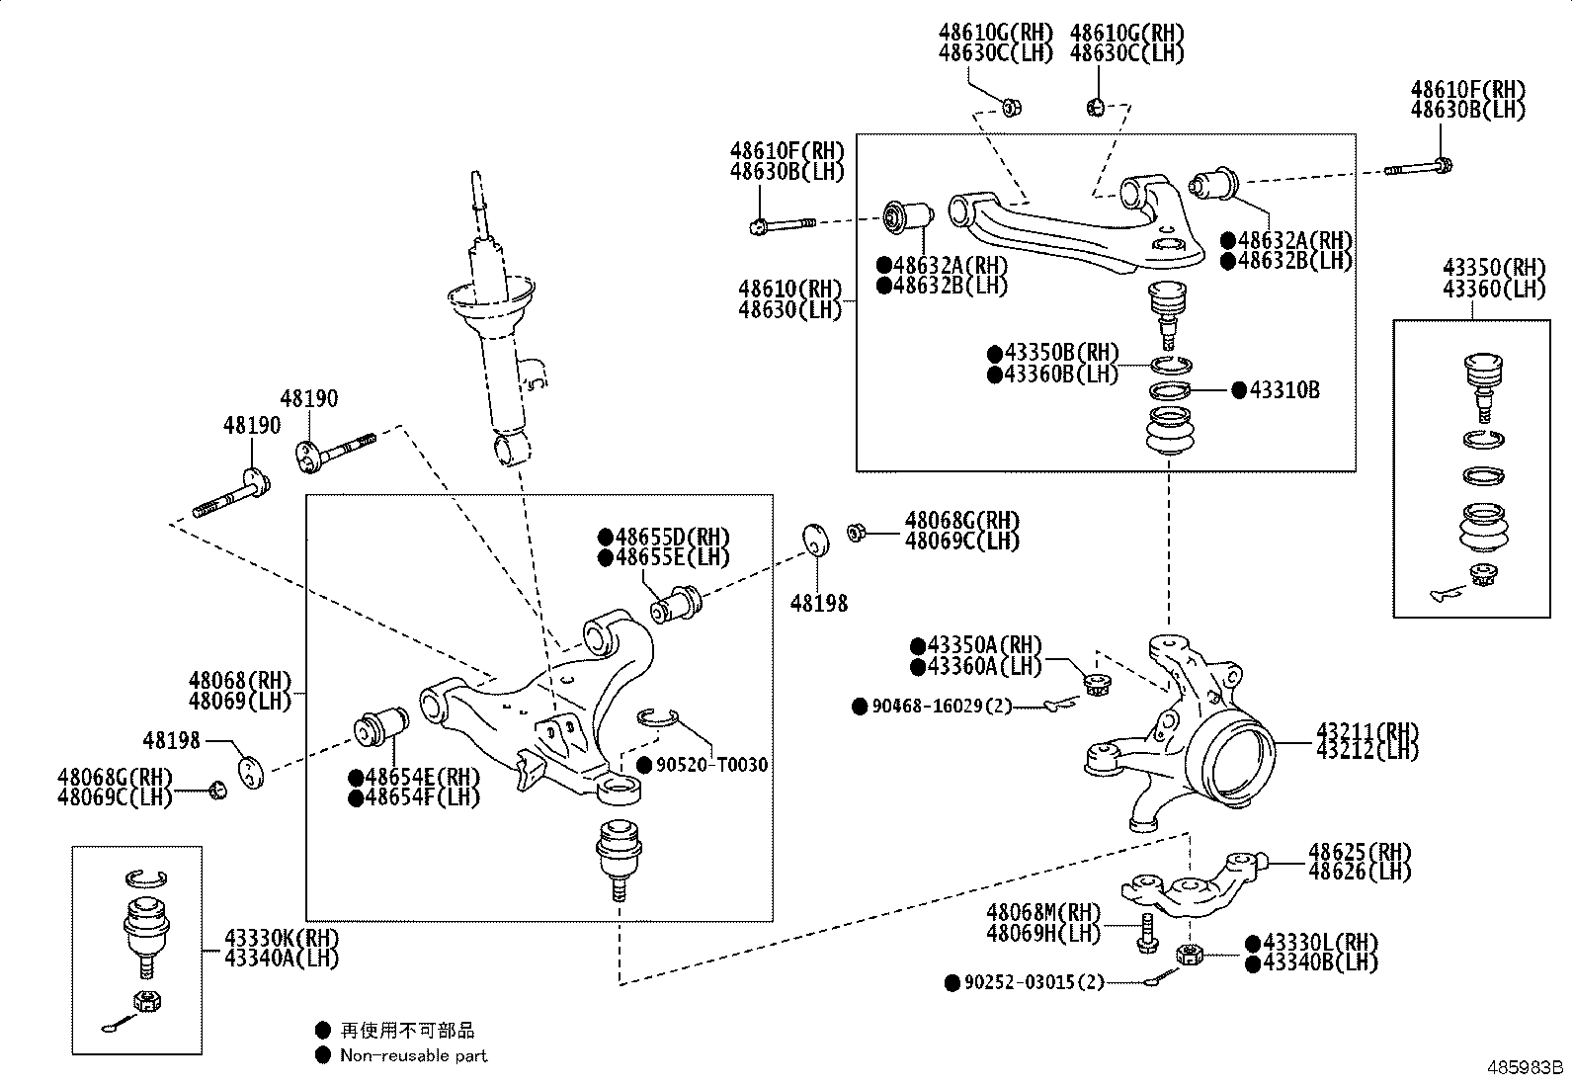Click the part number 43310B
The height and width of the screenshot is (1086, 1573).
pos(1283,390)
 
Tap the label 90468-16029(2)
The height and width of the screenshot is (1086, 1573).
pos(942,707)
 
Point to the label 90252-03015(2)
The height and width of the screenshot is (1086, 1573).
pos(1034,982)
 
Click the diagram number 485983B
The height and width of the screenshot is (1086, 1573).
pos(1527,1068)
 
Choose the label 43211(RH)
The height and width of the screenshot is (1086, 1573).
pos(1366,731)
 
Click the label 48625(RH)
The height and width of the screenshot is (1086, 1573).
pos(1360,852)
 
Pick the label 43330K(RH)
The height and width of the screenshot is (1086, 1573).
pos(282,938)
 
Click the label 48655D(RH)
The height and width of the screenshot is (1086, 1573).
pos(673,538)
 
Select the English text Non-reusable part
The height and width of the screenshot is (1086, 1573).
pos(413,1055)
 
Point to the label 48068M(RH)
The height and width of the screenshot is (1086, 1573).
pos(1042,912)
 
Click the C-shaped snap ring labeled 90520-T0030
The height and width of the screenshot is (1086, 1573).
pos(656,717)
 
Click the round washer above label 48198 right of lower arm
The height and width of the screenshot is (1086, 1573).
pos(815,540)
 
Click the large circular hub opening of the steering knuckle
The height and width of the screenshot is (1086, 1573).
pos(1235,760)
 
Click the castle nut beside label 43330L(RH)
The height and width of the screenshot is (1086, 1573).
pos(1190,955)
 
